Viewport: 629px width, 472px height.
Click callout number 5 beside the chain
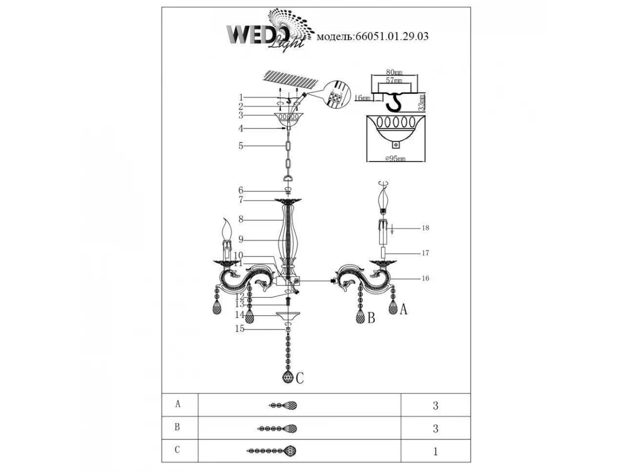tap(241, 146)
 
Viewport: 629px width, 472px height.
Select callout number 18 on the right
tap(425, 229)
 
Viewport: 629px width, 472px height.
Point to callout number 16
tap(425, 278)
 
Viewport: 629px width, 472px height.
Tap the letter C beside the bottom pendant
tap(300, 377)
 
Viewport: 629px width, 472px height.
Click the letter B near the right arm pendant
tap(371, 318)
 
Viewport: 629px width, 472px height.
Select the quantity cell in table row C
tap(435, 450)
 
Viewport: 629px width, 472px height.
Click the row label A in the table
tap(178, 404)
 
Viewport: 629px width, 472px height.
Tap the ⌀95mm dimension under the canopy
tap(394, 158)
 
